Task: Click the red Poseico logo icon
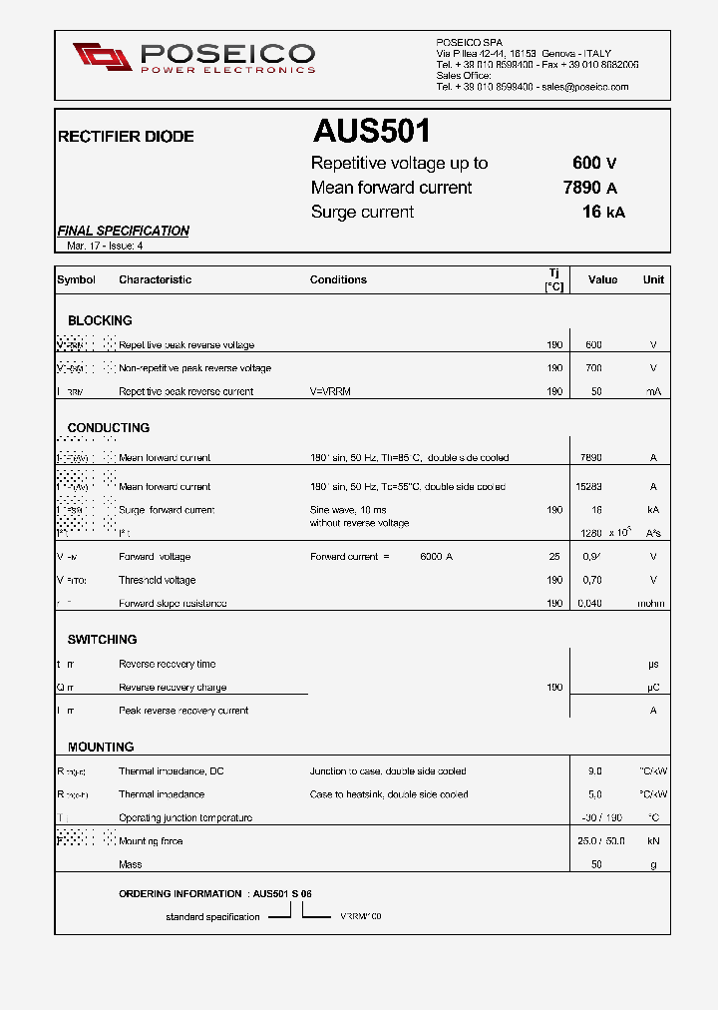[103, 57]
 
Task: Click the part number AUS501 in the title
[371, 132]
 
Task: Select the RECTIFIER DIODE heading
[126, 137]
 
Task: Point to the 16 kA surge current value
[603, 212]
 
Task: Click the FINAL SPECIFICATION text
[123, 231]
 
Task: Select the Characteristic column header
[155, 279]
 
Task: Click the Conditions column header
[338, 279]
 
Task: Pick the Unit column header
[653, 279]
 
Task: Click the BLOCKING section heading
[100, 320]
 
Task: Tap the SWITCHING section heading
[102, 639]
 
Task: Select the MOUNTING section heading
[101, 747]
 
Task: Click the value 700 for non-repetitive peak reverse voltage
[593, 368]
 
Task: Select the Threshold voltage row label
[157, 580]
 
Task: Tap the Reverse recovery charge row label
[173, 688]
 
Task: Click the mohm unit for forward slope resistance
[653, 604]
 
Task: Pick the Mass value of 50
[596, 864]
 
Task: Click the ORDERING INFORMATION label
[179, 894]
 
